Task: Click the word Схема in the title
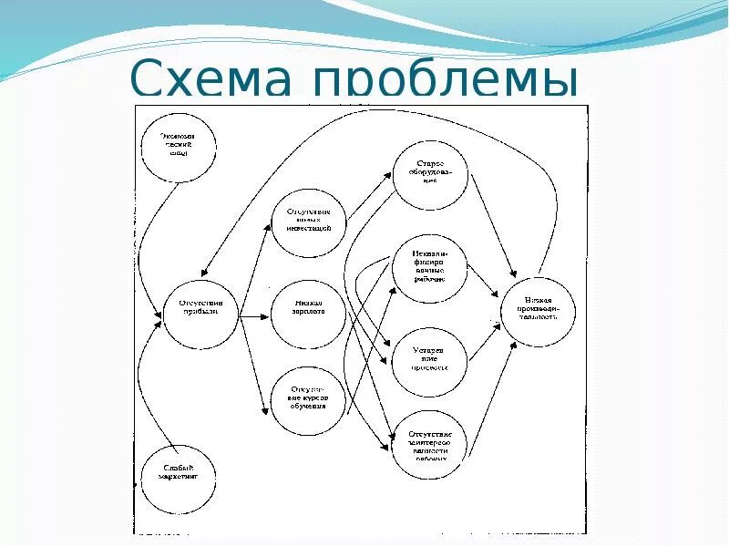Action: pyautogui.click(x=214, y=79)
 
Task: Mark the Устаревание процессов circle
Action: pyautogui.click(x=429, y=360)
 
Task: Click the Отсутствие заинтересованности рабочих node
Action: pyautogui.click(x=429, y=442)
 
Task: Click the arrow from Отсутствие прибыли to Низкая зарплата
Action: pyautogui.click(x=255, y=312)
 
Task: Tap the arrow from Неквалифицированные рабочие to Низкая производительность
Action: pyautogui.click(x=483, y=284)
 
